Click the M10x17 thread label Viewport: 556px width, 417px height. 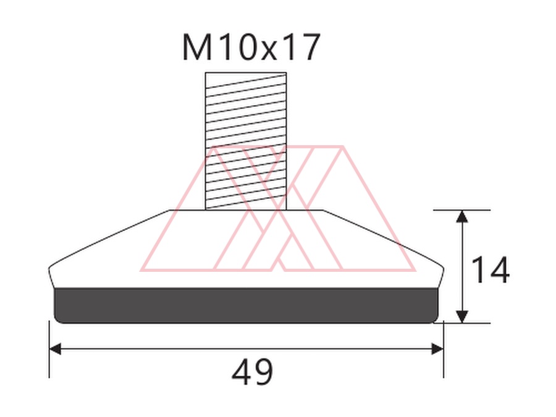coord(251,48)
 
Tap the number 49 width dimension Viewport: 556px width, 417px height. coord(252,372)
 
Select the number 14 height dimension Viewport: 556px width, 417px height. coord(491,269)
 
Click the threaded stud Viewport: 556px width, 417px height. coord(246,141)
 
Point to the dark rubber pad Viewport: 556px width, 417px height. coord(246,305)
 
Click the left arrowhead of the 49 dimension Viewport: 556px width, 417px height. coord(55,349)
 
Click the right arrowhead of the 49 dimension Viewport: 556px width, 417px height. coord(437,349)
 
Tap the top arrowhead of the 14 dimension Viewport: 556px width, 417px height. coord(461,216)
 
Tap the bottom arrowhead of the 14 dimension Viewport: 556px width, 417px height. coord(461,317)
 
